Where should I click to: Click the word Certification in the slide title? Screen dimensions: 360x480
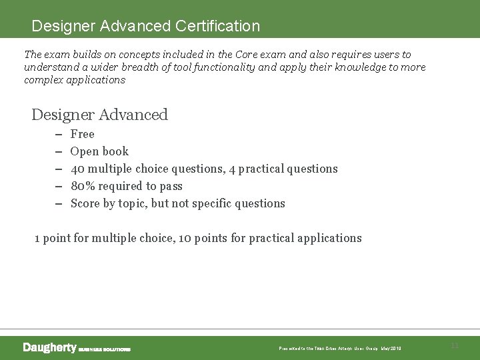coord(217,26)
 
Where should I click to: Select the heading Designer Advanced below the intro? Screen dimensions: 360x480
coord(99,115)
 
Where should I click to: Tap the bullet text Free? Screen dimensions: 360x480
coord(82,134)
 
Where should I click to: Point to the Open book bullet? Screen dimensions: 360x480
coord(99,151)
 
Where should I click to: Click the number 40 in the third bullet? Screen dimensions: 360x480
coord(77,169)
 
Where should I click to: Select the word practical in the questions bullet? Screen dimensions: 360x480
coord(265,169)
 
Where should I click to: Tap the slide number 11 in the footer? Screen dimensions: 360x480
coord(455,345)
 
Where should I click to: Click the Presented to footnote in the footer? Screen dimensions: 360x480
coord(340,349)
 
